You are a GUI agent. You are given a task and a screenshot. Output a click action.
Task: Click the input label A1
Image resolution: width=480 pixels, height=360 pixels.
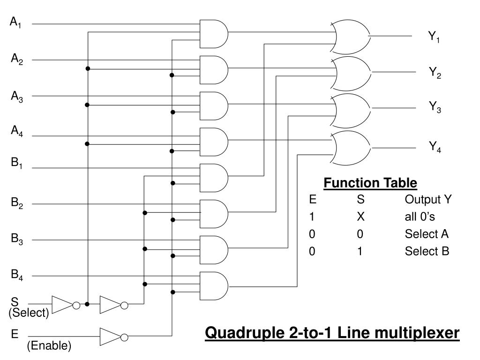(x=17, y=22)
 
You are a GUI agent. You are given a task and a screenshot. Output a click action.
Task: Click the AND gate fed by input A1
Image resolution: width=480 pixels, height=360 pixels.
(x=213, y=33)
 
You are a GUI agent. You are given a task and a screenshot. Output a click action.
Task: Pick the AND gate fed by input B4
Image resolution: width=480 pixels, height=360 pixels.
(x=213, y=285)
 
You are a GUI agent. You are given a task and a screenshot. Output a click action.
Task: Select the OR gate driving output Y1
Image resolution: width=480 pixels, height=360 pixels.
(x=351, y=37)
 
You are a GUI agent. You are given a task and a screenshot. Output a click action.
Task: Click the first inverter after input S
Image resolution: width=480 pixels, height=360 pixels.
(x=64, y=304)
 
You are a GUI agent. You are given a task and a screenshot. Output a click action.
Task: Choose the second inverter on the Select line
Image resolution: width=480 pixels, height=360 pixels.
(x=112, y=304)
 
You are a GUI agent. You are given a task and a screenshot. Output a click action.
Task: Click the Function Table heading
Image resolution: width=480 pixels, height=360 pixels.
(x=370, y=183)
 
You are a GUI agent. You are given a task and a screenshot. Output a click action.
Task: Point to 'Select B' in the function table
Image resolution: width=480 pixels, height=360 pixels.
(x=427, y=251)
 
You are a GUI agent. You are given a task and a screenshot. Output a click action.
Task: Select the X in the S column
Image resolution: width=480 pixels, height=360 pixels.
(x=360, y=217)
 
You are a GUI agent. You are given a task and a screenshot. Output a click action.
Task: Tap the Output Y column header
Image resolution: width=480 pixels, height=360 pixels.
(x=428, y=200)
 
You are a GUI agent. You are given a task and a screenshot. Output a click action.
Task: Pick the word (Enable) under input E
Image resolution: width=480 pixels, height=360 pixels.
(x=49, y=346)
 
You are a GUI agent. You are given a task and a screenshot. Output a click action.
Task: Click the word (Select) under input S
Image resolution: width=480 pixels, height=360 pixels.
(x=29, y=313)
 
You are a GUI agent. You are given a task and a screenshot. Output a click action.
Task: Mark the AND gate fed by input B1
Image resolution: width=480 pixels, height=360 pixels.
(x=213, y=177)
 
